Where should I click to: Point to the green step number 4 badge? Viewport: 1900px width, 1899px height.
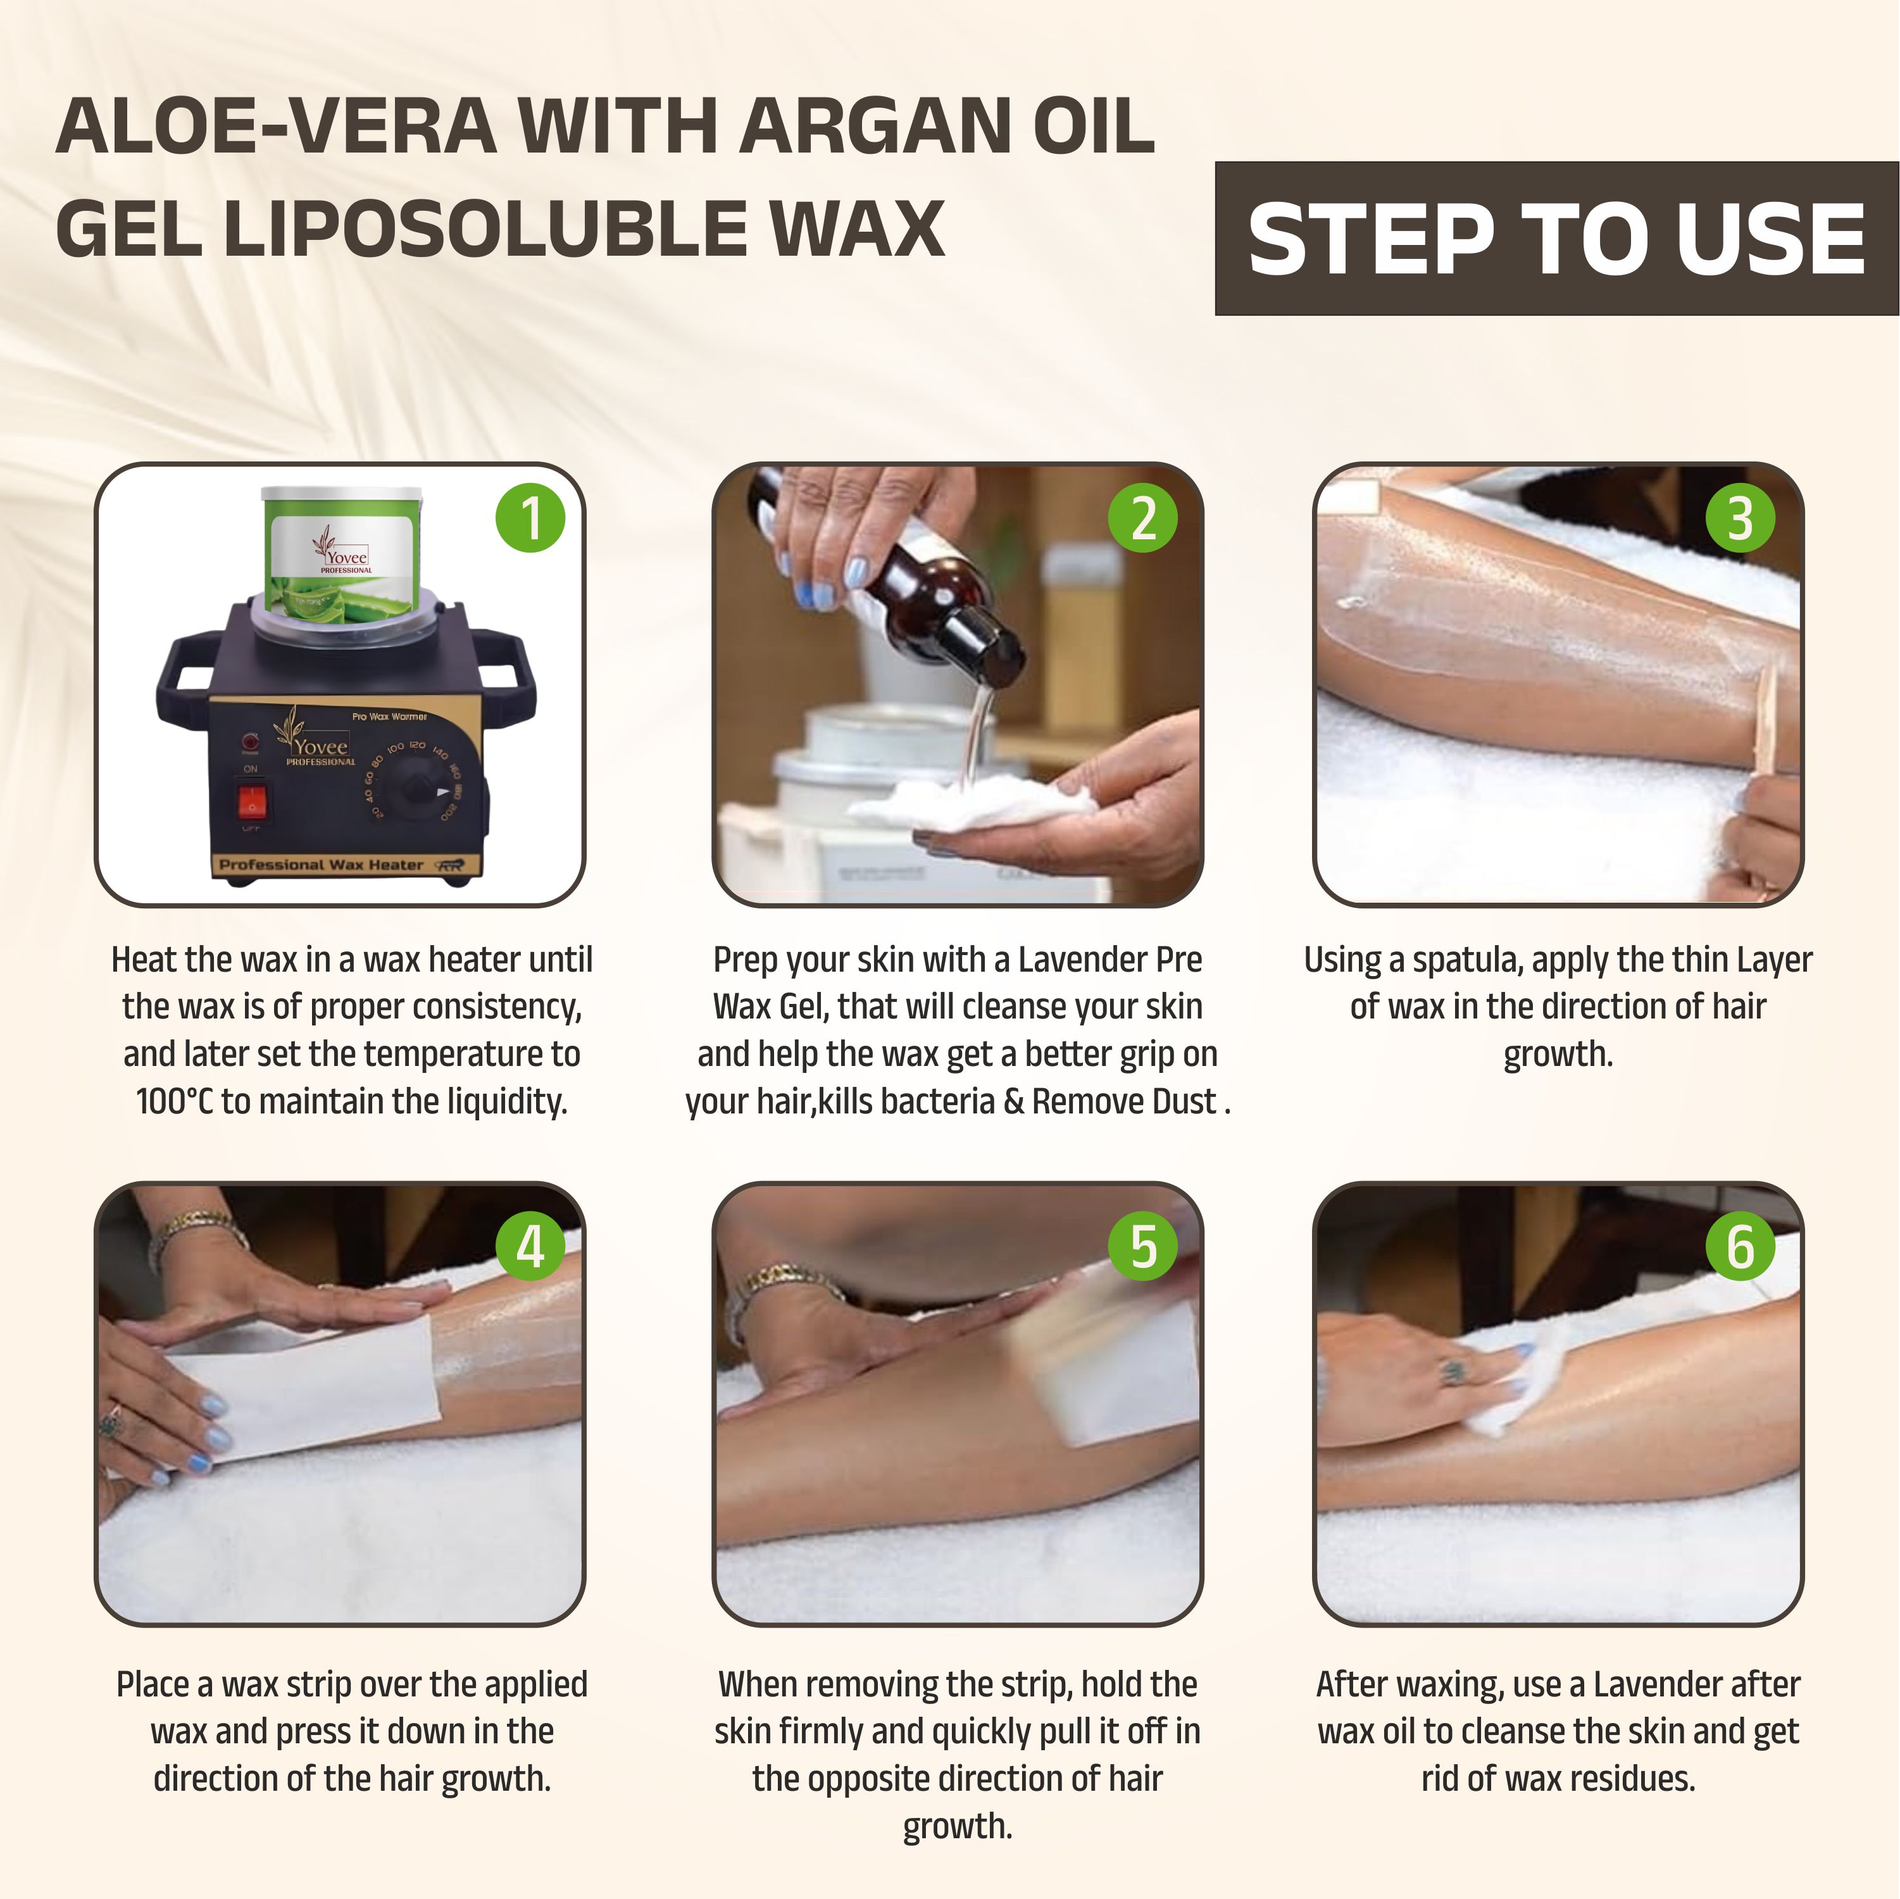[x=530, y=1247]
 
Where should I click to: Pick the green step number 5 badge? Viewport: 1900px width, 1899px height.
[x=1143, y=1247]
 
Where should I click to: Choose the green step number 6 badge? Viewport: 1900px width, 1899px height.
[x=1740, y=1247]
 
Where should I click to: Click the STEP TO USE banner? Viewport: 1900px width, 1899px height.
[x=1557, y=239]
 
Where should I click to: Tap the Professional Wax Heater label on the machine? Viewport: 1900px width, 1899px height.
[x=321, y=865]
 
